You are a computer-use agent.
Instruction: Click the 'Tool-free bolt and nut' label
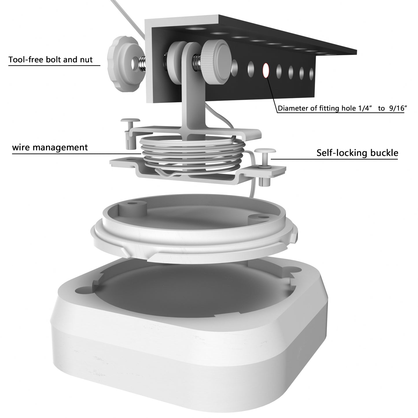(51, 60)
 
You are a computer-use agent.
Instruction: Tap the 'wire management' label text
(50, 147)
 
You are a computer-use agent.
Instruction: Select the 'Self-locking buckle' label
(357, 153)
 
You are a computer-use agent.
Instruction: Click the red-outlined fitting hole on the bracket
(265, 70)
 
